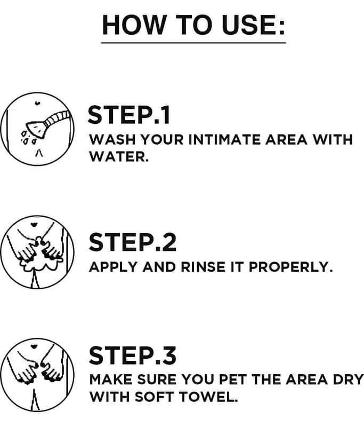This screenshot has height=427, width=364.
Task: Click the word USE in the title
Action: (x=253, y=25)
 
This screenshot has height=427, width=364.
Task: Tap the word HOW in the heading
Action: (x=134, y=25)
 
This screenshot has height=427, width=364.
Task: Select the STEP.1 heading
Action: (x=129, y=115)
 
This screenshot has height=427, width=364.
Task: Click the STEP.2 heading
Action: (x=132, y=242)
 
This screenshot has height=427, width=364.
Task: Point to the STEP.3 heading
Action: (x=132, y=355)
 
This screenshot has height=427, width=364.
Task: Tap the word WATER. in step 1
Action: (x=119, y=156)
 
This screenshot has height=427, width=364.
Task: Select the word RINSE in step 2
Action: (x=203, y=267)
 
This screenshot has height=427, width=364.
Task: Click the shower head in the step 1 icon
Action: (x=35, y=129)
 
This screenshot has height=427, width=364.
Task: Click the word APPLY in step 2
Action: (x=113, y=267)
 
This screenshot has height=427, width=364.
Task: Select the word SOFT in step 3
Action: (x=155, y=397)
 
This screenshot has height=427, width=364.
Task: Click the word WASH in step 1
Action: (x=112, y=140)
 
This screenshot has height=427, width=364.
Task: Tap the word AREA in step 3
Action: (x=306, y=379)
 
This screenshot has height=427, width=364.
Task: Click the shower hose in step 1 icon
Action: (x=56, y=118)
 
